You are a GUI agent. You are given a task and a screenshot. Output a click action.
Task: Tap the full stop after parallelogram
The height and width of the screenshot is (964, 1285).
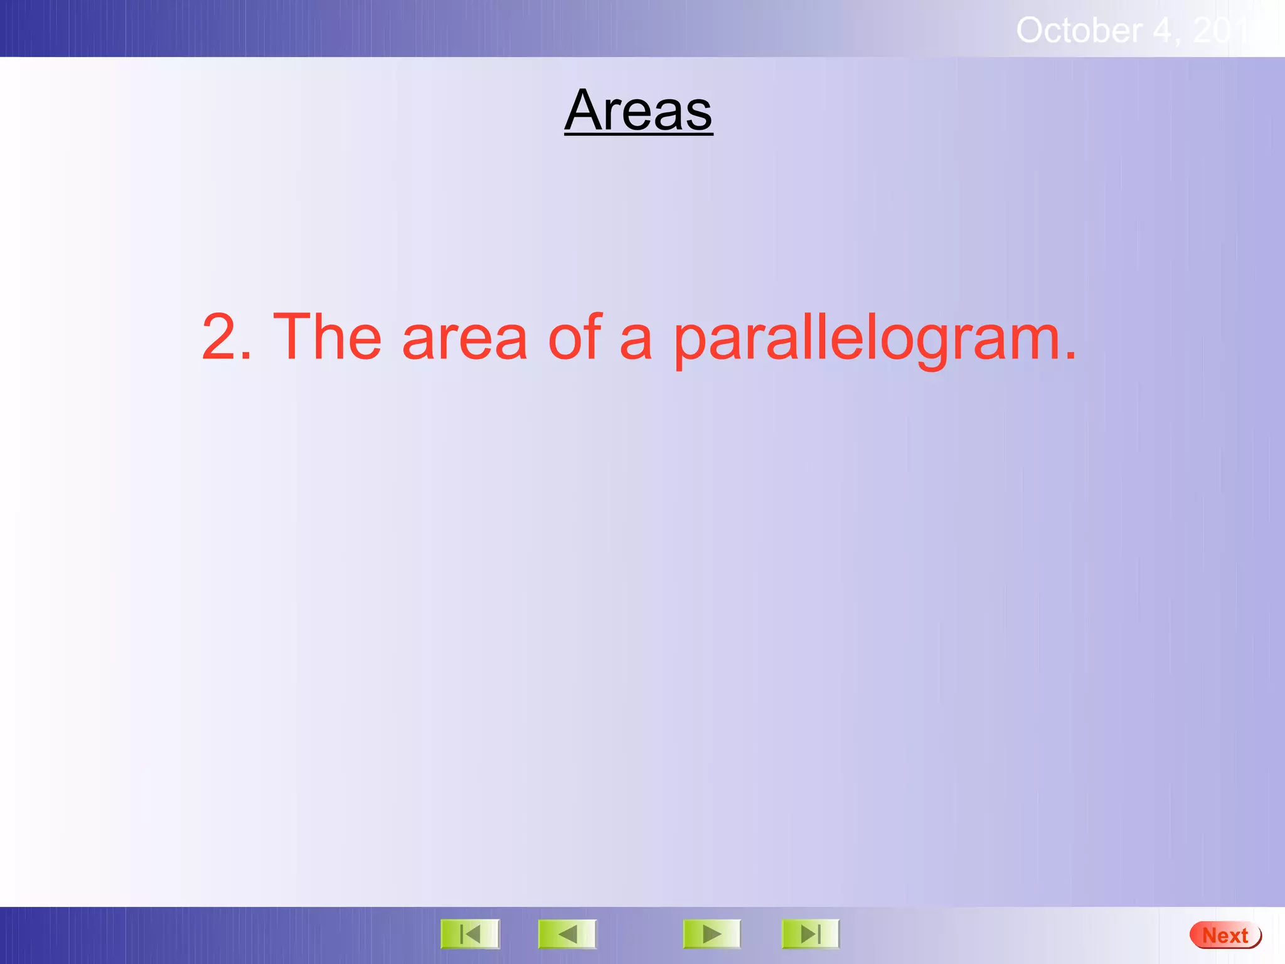pos(1070,356)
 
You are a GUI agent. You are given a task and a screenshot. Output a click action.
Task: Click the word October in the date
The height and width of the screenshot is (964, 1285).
pos(1078,30)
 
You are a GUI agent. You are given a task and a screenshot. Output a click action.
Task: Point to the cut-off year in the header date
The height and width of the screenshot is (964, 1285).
pos(1224,30)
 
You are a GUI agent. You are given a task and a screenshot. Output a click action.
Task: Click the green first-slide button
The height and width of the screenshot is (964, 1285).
pos(470,935)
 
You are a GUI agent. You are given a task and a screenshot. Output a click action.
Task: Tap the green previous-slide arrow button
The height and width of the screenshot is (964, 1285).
pos(567,935)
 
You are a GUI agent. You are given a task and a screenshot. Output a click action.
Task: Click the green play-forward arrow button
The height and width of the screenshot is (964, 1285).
pos(712,935)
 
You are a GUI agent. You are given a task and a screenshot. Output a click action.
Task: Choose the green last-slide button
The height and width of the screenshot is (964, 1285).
pos(810,935)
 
